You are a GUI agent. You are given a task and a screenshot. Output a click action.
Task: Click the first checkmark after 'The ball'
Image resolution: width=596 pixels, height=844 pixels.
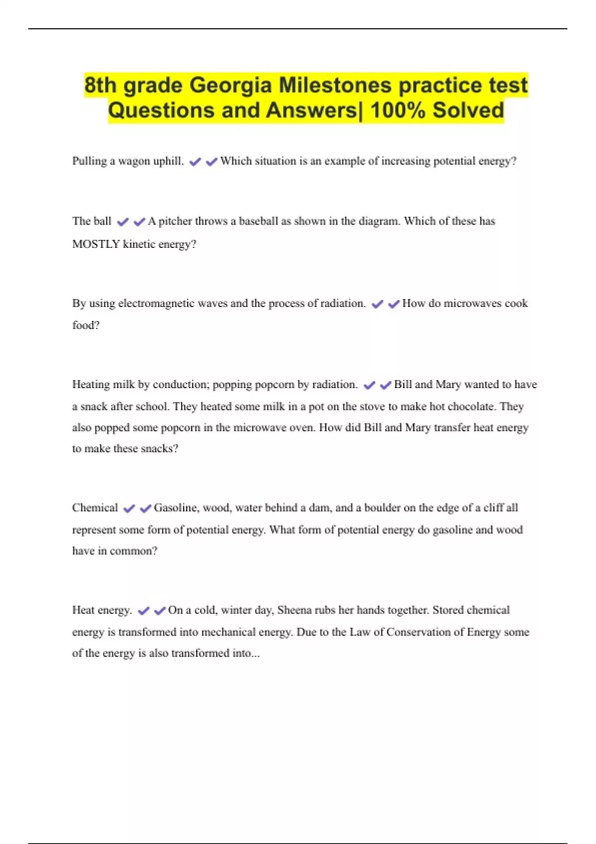tap(123, 222)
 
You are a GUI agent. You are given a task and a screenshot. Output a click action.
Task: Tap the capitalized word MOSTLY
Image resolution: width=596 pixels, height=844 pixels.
tap(96, 244)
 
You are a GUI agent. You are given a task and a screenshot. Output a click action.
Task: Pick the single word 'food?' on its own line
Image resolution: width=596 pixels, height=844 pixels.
tap(86, 325)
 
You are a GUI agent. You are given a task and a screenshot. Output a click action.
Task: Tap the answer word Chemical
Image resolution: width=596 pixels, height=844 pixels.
tap(95, 508)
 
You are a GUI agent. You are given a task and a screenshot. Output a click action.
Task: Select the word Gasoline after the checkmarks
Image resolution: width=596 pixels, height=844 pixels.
tap(175, 508)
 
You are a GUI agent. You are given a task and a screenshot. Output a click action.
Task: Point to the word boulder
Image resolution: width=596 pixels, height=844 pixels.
tap(382, 508)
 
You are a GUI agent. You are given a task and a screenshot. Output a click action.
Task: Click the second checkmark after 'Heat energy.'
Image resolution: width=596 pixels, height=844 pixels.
tap(160, 611)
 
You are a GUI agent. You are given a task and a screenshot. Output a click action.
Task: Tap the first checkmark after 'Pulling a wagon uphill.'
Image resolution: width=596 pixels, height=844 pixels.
tap(195, 162)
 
